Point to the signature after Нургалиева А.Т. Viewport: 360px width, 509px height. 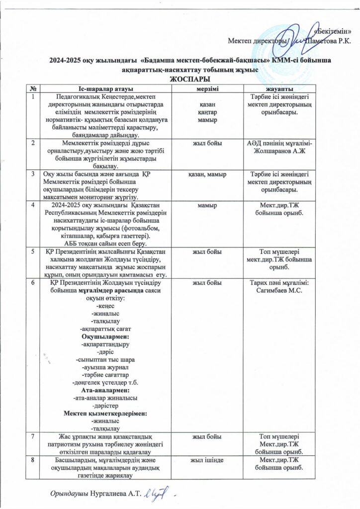(159, 492)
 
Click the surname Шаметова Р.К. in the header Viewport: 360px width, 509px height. (329, 40)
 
